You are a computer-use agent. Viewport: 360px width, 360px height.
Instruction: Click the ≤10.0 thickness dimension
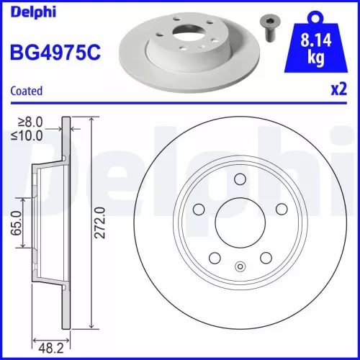pyautogui.click(x=28, y=134)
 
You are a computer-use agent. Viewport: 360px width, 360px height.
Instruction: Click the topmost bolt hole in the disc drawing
pyautogui.click(x=240, y=180)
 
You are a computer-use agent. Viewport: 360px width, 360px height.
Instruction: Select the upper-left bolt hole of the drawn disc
pyautogui.click(x=199, y=209)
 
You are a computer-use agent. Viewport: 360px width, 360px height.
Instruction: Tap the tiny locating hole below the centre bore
pyautogui.click(x=240, y=266)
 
